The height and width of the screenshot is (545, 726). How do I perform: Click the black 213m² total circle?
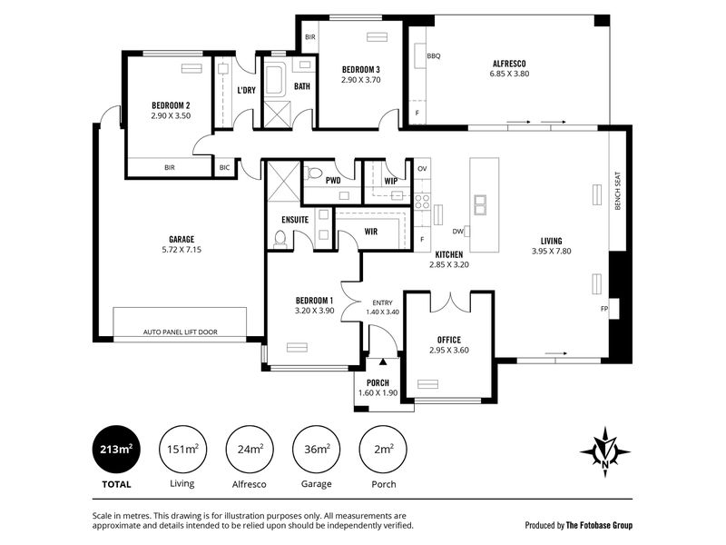(116, 449)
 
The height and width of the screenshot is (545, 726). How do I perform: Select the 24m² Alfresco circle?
(250, 449)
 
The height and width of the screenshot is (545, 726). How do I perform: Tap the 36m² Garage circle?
(316, 449)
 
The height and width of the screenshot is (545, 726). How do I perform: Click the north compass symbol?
(604, 451)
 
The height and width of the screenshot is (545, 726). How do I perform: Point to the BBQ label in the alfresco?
(434, 56)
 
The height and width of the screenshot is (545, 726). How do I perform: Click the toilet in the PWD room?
(315, 173)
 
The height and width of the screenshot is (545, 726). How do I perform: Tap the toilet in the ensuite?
(280, 238)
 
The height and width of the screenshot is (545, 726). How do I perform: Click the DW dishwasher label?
(457, 232)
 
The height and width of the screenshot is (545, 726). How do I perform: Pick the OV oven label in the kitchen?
(422, 169)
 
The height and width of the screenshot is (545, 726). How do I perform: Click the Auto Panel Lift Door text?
(180, 332)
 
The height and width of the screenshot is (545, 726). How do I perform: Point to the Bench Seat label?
(618, 191)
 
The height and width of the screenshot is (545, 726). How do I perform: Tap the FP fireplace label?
(603, 308)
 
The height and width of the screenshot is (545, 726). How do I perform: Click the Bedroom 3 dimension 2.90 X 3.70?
(361, 80)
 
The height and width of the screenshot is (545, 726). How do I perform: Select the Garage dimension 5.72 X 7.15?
(181, 249)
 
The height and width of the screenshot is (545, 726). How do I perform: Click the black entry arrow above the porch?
(383, 362)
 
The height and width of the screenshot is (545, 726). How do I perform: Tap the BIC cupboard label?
(224, 167)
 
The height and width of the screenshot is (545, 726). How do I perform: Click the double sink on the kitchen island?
(480, 205)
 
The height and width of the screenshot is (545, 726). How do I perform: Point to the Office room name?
(449, 340)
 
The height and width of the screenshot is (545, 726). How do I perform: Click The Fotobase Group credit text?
(599, 525)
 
